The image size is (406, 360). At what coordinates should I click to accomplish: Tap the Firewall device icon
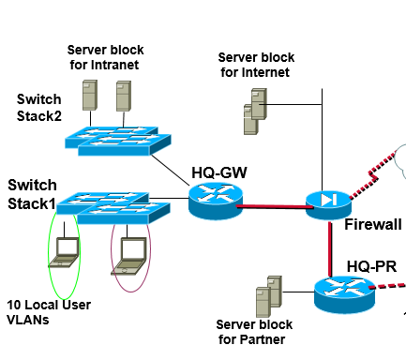tap(327, 202)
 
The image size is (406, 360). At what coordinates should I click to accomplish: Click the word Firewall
tap(372, 224)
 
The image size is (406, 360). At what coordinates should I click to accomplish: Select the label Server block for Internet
tap(253, 64)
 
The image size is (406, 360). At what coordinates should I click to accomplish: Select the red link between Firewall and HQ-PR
tap(331, 247)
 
